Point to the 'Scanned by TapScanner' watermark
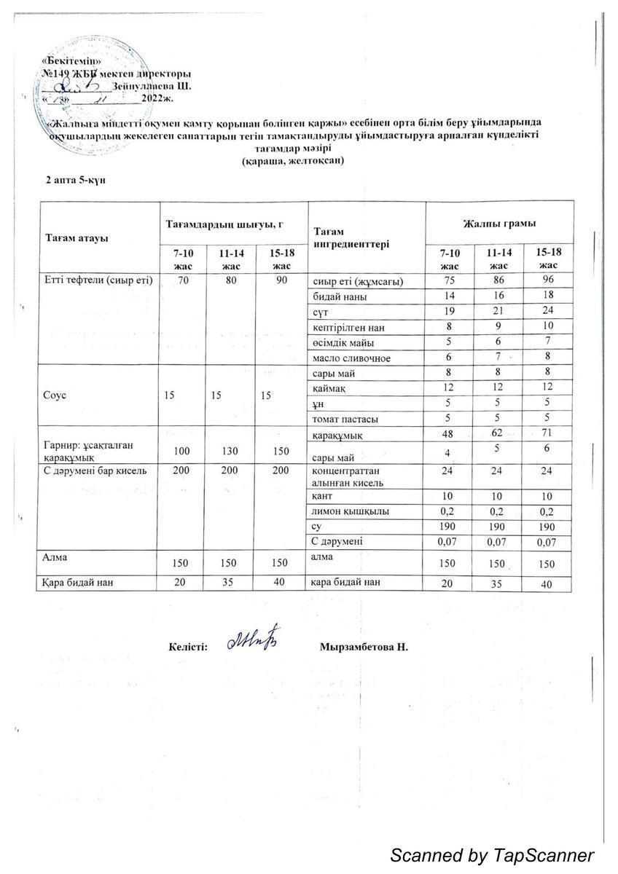(492, 855)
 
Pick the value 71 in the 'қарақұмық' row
(547, 435)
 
